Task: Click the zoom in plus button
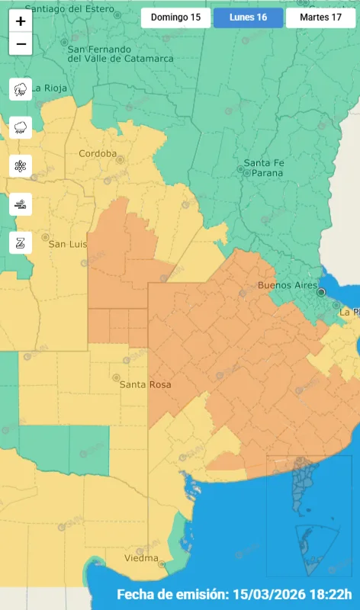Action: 21,21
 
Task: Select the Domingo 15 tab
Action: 175,18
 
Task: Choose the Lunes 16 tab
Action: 248,18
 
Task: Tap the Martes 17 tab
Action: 320,18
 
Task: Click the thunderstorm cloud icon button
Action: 21,89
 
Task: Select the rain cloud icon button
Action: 21,127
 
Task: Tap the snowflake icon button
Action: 21,165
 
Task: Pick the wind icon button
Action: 21,204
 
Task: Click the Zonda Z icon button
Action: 21,242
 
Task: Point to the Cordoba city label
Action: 98,153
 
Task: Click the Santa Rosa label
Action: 145,385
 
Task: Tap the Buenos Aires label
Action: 287,285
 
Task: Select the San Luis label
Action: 68,244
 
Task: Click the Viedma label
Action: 141,559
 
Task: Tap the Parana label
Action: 263,173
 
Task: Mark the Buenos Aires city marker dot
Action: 321,291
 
